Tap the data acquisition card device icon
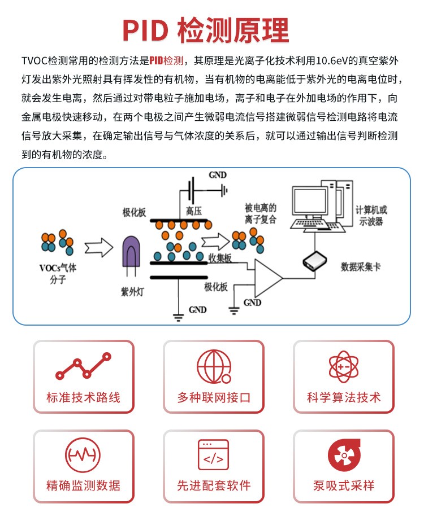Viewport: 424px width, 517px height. click(x=315, y=261)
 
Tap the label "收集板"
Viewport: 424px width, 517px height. click(x=219, y=257)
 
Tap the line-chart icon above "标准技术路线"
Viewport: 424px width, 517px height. click(x=83, y=366)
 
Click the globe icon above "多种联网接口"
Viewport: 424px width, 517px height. click(x=213, y=366)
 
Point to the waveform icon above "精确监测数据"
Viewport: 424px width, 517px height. click(x=83, y=454)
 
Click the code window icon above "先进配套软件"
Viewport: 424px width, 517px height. click(x=213, y=454)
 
